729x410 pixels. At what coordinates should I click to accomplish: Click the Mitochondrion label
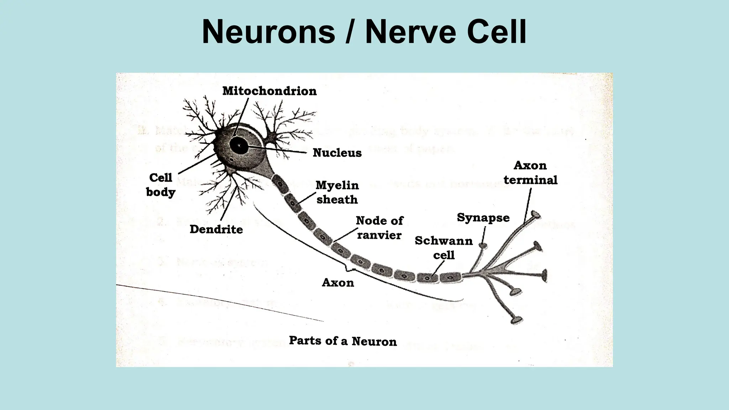(x=269, y=91)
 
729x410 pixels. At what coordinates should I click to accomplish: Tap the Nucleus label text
(x=337, y=153)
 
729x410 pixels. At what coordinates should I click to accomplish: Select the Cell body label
(x=161, y=185)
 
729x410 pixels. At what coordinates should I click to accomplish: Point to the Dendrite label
(x=216, y=229)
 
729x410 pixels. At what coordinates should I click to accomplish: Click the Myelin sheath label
(x=337, y=192)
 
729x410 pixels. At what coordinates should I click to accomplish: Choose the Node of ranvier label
(x=379, y=228)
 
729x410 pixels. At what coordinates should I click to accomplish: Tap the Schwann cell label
(x=444, y=248)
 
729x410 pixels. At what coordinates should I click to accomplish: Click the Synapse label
(x=483, y=217)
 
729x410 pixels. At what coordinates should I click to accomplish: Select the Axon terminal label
(x=530, y=173)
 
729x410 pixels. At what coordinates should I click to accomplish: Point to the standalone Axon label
(x=338, y=283)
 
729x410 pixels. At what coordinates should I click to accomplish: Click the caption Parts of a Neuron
(x=343, y=341)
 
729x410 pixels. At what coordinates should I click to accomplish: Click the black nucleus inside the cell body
(x=239, y=145)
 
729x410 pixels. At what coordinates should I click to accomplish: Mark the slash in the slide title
(x=350, y=32)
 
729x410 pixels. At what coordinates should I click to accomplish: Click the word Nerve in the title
(x=411, y=32)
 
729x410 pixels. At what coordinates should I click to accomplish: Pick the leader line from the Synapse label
(x=484, y=235)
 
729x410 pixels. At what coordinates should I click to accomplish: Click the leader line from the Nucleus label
(x=278, y=149)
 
